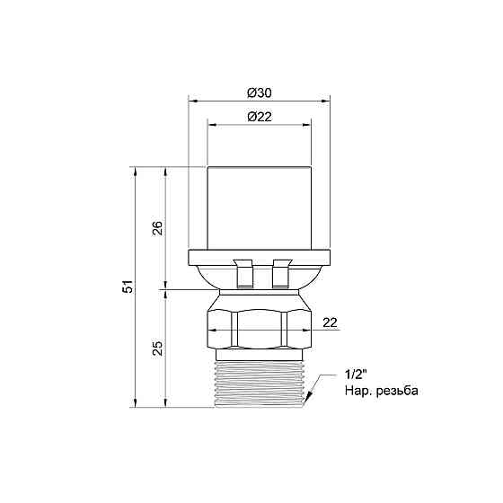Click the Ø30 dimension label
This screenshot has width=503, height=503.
tap(260, 93)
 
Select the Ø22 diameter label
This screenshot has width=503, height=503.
tap(260, 117)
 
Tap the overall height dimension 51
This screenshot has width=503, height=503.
tap(128, 287)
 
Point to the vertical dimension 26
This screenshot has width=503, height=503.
tap(157, 228)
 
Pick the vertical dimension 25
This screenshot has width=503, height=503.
tap(157, 348)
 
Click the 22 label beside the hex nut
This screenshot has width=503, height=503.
tap(331, 322)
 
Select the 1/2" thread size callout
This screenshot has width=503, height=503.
tap(356, 375)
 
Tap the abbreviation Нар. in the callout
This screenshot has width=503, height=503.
tap(357, 391)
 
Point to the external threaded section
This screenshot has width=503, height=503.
tap(260, 384)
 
